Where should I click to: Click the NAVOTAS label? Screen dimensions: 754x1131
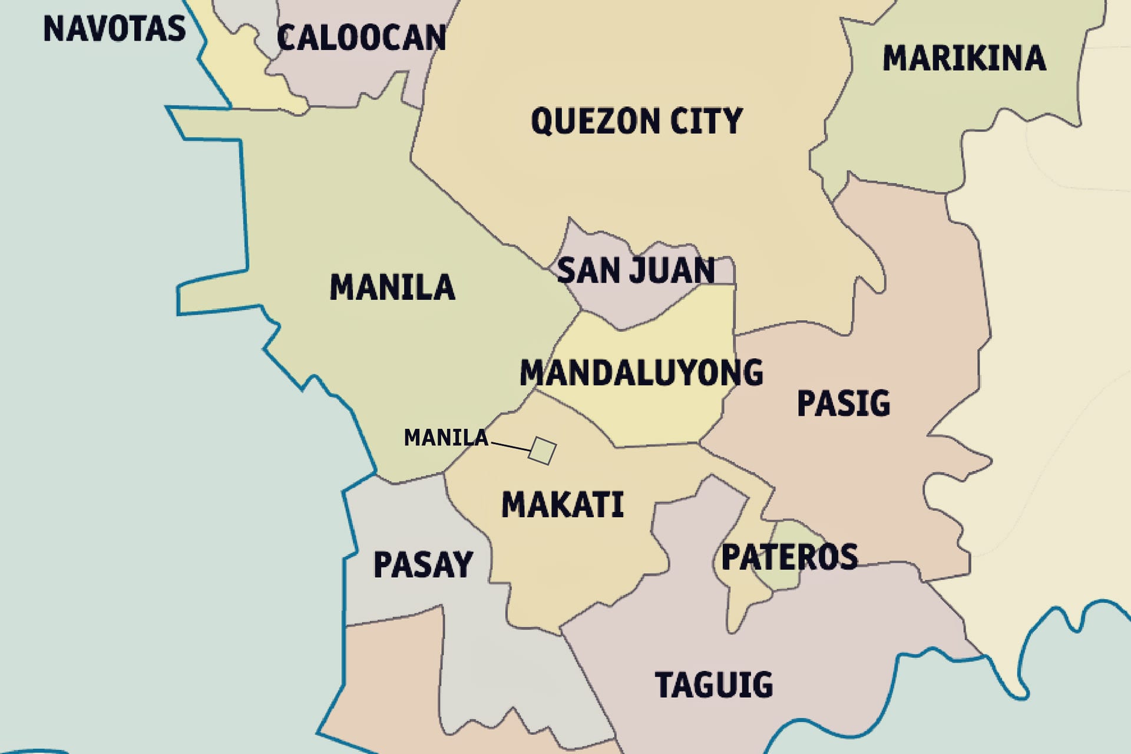pos(114,28)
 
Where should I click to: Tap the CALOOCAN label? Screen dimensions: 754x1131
pos(361,38)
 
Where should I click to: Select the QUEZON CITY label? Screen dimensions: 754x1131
pos(636,121)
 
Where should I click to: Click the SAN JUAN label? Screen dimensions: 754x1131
pos(636,270)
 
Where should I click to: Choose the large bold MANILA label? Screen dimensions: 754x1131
pos(392,287)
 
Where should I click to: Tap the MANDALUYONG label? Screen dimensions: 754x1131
pos(641,373)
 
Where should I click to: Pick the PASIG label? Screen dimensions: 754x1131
pos(843,404)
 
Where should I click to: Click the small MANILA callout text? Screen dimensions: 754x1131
pos(446,438)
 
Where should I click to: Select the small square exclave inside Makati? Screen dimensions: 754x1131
pos(542,451)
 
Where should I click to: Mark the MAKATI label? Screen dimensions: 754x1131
pos(562,505)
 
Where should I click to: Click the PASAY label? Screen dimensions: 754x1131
pos(423,564)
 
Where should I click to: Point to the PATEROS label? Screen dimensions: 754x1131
pos(789,557)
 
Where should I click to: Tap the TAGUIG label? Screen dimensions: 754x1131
pos(714,684)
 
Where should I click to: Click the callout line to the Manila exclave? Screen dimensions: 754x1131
pos(510,446)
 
